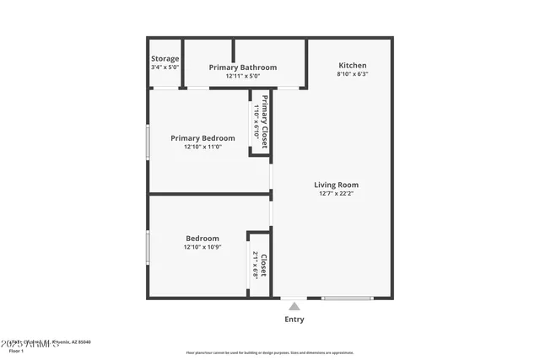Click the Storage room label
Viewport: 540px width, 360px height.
point(165,58)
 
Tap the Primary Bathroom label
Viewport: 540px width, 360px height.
point(243,67)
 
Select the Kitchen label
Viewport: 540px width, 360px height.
point(353,65)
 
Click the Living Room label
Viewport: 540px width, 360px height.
point(337,185)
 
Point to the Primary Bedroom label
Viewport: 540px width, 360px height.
point(202,138)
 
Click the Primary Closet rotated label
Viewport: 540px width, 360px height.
point(265,123)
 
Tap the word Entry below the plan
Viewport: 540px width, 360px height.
point(294,320)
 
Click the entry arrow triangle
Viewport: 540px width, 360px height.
point(294,306)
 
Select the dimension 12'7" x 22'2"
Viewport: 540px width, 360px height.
point(337,195)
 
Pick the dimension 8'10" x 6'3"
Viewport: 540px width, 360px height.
point(353,74)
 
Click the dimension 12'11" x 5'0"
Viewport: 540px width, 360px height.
point(243,77)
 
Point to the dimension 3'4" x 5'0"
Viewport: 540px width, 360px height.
point(165,67)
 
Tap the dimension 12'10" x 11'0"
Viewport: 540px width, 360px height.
point(202,148)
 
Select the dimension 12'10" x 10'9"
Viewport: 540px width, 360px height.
point(202,248)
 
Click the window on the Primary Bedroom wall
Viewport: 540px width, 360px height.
point(148,142)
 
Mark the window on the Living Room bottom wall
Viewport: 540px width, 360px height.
point(348,297)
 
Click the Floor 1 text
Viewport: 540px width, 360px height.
point(17,351)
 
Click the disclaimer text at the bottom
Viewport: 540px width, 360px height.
point(269,352)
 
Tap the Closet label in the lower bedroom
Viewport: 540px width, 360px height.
point(264,266)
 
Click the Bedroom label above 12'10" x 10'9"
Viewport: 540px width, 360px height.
point(202,239)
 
